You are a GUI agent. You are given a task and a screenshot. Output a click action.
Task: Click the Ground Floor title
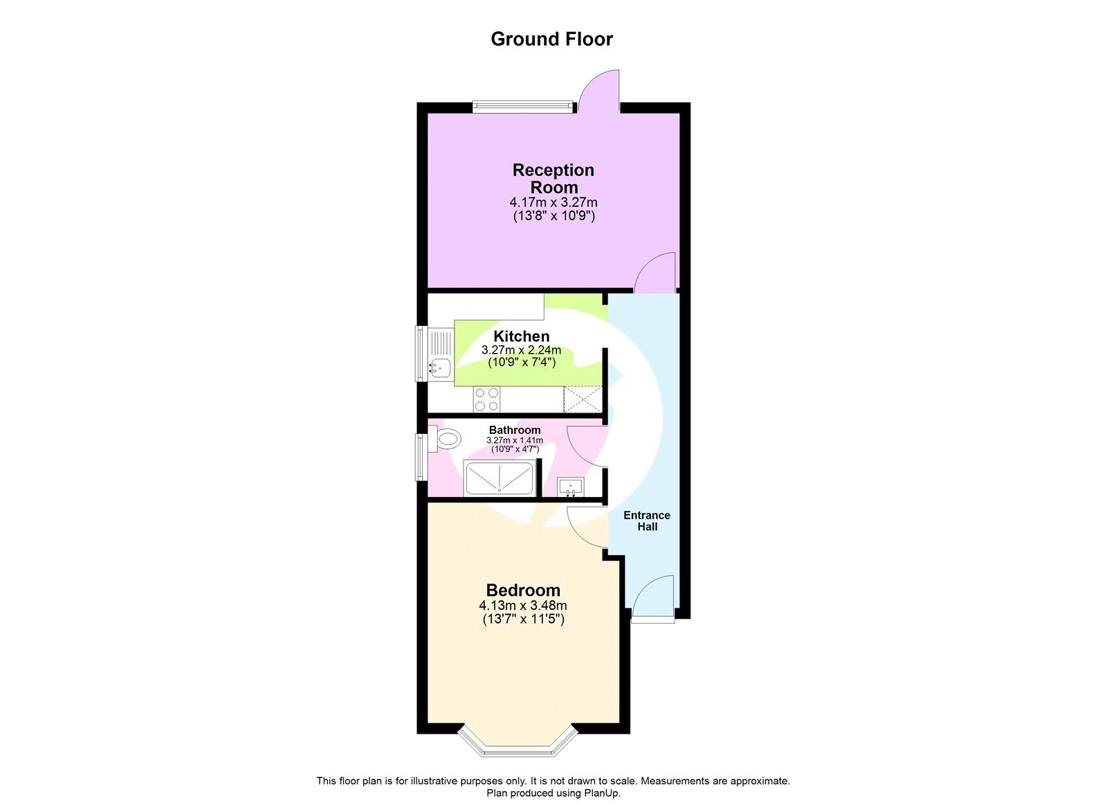pyautogui.click(x=551, y=39)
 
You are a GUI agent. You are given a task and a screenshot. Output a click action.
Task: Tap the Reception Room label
pyautogui.click(x=553, y=179)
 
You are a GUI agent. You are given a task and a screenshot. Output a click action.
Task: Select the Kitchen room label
pyautogui.click(x=522, y=336)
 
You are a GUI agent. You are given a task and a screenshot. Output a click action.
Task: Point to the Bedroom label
pyautogui.click(x=523, y=590)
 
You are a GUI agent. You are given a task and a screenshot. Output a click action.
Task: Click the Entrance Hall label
pyautogui.click(x=647, y=521)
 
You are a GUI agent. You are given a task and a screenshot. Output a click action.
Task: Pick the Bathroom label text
pyautogui.click(x=515, y=430)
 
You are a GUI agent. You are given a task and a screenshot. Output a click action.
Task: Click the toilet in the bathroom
pyautogui.click(x=447, y=438)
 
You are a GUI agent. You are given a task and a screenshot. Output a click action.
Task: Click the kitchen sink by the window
pyautogui.click(x=439, y=367)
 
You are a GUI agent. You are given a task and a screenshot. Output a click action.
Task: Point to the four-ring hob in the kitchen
pyautogui.click(x=486, y=399)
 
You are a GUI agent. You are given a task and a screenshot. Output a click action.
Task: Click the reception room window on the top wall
pyautogui.click(x=523, y=107)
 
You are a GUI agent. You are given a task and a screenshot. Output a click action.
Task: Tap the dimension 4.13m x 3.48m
pyautogui.click(x=523, y=606)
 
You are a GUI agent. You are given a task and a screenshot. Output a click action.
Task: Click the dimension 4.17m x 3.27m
pyautogui.click(x=553, y=203)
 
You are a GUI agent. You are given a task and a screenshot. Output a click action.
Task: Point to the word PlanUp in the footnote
pyautogui.click(x=604, y=793)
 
